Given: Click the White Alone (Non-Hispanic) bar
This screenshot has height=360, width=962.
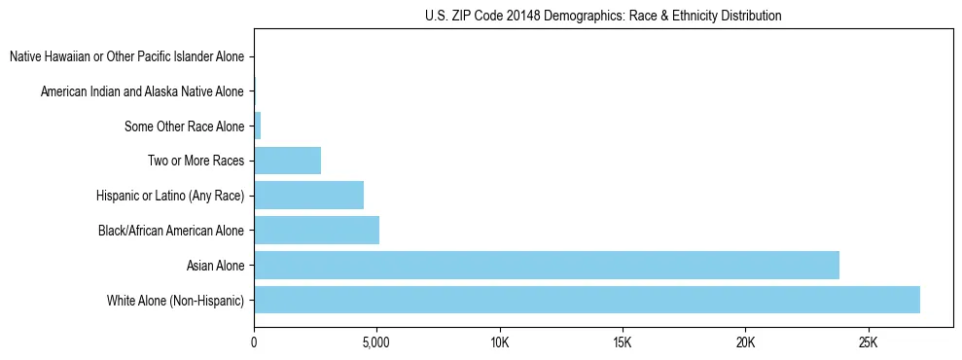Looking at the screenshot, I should (587, 300).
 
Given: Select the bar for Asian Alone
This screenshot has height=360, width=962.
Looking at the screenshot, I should (547, 265).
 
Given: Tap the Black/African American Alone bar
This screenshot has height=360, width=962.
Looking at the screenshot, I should (316, 231).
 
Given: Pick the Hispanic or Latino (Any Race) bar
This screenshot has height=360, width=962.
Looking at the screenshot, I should (308, 196).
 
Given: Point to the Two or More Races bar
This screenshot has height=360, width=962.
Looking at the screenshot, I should (287, 161).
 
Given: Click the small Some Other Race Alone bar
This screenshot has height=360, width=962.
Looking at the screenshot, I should (258, 126).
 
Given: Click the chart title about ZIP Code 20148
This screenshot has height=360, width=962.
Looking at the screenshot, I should (603, 17).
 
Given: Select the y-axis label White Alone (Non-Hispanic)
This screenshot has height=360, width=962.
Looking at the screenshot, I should (176, 301).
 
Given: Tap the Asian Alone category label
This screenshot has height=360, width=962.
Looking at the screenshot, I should (216, 266).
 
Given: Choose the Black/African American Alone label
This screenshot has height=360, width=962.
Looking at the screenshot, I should (171, 231).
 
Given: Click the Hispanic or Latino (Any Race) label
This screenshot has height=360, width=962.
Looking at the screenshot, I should (170, 196).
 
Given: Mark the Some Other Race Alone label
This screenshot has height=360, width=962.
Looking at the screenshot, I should (185, 126).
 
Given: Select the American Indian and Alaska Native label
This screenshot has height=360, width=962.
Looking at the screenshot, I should (142, 91).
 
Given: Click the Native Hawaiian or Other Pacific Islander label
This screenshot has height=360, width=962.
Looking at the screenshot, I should (126, 57).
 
